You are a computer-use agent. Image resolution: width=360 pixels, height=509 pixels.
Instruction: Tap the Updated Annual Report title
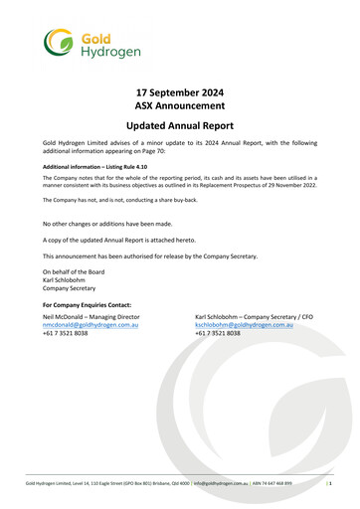179,127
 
